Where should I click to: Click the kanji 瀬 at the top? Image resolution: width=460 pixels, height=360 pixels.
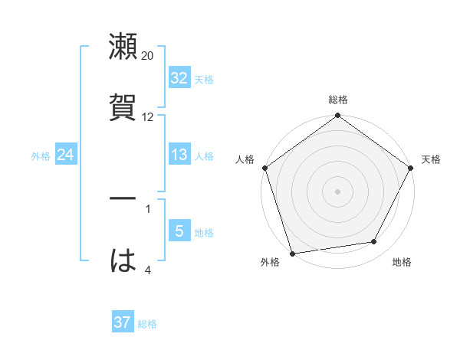tap(123, 47)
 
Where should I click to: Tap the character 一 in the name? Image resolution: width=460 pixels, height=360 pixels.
tap(123, 200)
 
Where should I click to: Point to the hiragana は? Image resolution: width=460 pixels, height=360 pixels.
tap(123, 261)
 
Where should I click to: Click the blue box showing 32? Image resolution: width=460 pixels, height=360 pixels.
tap(179, 78)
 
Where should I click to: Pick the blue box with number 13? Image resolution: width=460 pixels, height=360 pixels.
tap(179, 155)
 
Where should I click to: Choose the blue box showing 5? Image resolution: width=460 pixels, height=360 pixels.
tap(179, 231)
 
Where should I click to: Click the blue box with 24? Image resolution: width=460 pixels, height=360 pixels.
tap(65, 155)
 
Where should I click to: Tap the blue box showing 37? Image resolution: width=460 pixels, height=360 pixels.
tap(122, 322)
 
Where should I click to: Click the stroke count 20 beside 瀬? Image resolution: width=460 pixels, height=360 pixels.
tap(148, 56)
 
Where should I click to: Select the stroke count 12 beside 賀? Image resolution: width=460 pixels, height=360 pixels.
tap(148, 117)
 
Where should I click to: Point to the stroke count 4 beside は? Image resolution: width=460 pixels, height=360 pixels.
tap(147, 270)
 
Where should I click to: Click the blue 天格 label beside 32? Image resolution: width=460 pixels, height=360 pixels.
tap(203, 79)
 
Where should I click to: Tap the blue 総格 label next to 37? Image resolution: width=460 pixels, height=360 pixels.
tap(147, 324)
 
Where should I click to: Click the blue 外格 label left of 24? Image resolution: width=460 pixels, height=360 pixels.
tap(41, 156)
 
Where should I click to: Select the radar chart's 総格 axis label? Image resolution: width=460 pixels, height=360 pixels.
tap(338, 100)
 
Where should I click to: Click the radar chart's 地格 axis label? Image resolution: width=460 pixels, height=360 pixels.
tap(402, 263)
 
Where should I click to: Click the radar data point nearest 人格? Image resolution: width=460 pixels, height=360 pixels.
tap(264, 168)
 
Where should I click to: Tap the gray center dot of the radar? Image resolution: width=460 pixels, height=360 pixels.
tap(338, 191)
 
